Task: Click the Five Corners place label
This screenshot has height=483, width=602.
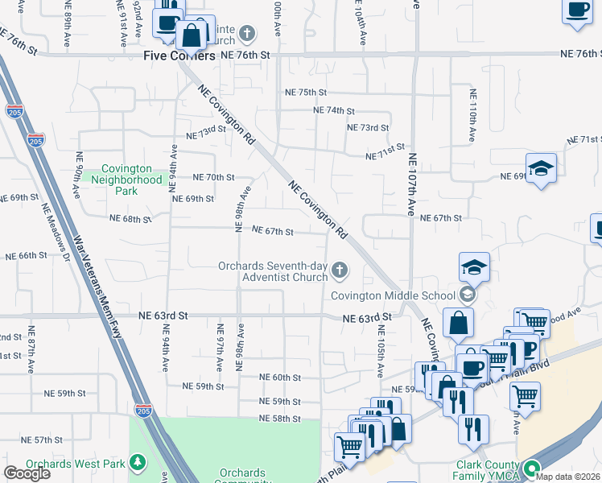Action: (179, 56)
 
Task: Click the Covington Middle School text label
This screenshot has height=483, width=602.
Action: (394, 295)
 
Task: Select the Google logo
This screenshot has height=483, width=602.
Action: (27, 473)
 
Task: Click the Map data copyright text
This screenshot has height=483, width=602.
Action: (568, 477)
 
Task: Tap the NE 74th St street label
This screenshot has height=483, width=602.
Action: (333, 110)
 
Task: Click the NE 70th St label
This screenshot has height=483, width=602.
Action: (213, 177)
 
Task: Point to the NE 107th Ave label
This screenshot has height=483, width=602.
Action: (412, 184)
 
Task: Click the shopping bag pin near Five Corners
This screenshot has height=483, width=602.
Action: (193, 35)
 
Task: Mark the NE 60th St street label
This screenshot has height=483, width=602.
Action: (280, 378)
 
